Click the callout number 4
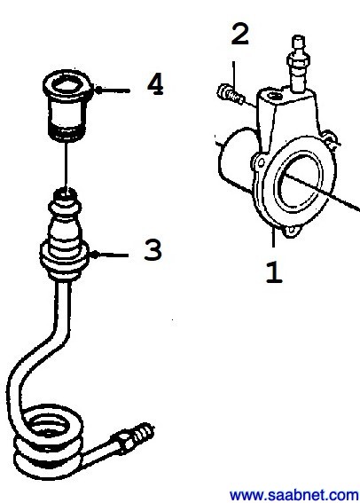click(x=155, y=84)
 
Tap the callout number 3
click(x=153, y=250)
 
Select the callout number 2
click(x=239, y=34)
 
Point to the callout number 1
click(x=274, y=272)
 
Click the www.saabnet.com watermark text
click(x=294, y=495)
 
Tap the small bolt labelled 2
click(x=230, y=94)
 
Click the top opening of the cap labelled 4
click(x=68, y=84)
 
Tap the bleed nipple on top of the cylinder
click(x=299, y=63)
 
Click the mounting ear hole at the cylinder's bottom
click(x=291, y=230)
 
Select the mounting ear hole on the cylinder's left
click(x=259, y=162)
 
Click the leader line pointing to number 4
click(x=113, y=90)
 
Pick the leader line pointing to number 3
click(x=110, y=255)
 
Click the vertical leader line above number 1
click(x=273, y=238)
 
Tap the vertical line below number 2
click(x=234, y=76)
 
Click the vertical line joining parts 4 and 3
click(x=66, y=166)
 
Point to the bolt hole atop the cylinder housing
click(x=274, y=96)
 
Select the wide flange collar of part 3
click(x=64, y=260)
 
